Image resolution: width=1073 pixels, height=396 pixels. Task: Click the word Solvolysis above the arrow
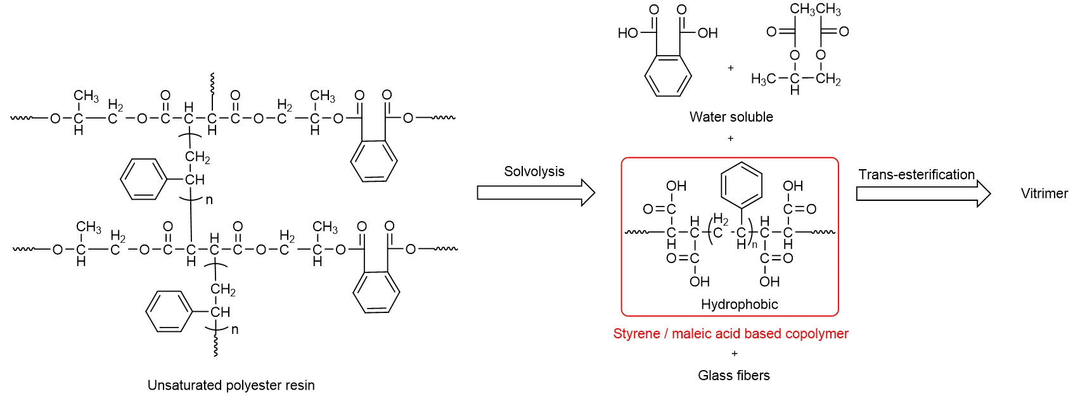tap(534, 172)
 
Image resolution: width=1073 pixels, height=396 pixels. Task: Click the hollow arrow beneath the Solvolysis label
tap(536, 193)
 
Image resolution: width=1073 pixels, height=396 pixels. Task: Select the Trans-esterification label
tap(916, 174)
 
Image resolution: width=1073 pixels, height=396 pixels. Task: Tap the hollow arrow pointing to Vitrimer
tap(923, 193)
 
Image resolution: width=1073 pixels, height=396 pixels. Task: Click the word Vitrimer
tap(1044, 193)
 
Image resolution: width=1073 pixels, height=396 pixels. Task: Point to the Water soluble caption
tap(731, 117)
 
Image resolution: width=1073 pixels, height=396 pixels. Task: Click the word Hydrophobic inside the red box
tap(739, 304)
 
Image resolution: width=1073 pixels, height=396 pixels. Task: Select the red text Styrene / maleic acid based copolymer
tap(731, 334)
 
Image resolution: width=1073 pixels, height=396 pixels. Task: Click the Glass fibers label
tap(734, 376)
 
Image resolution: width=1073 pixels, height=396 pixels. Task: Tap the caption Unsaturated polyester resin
tap(231, 385)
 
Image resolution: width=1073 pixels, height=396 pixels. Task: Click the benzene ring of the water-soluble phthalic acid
tap(668, 75)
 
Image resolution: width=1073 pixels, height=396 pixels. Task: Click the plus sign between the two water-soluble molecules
tap(731, 68)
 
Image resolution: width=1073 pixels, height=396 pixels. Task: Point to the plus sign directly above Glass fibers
tap(735, 354)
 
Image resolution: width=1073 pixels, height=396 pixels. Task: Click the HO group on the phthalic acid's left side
tap(628, 33)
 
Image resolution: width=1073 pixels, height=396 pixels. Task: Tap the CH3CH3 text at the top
tap(815, 10)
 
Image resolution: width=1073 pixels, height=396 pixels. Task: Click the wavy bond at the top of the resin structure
tap(212, 84)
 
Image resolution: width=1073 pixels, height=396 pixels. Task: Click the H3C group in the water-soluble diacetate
tap(763, 79)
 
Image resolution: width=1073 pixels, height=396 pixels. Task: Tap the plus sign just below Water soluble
tap(731, 139)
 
